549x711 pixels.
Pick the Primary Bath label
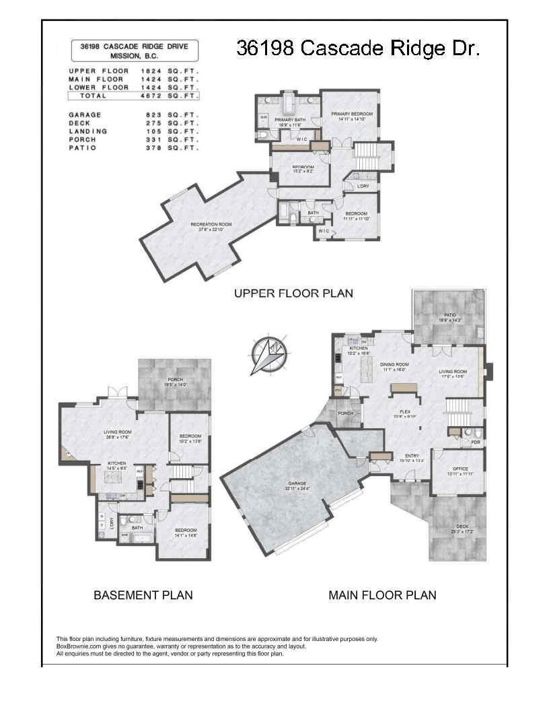pyautogui.click(x=290, y=122)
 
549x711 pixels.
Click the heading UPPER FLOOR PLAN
pyautogui.click(x=293, y=294)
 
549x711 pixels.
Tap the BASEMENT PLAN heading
pyautogui.click(x=143, y=595)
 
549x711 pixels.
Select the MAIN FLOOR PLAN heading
pyautogui.click(x=382, y=595)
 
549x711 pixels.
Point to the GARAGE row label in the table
pyautogui.click(x=85, y=115)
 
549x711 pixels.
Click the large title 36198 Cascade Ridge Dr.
pyautogui.click(x=358, y=48)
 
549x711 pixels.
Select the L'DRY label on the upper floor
pyautogui.click(x=363, y=187)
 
